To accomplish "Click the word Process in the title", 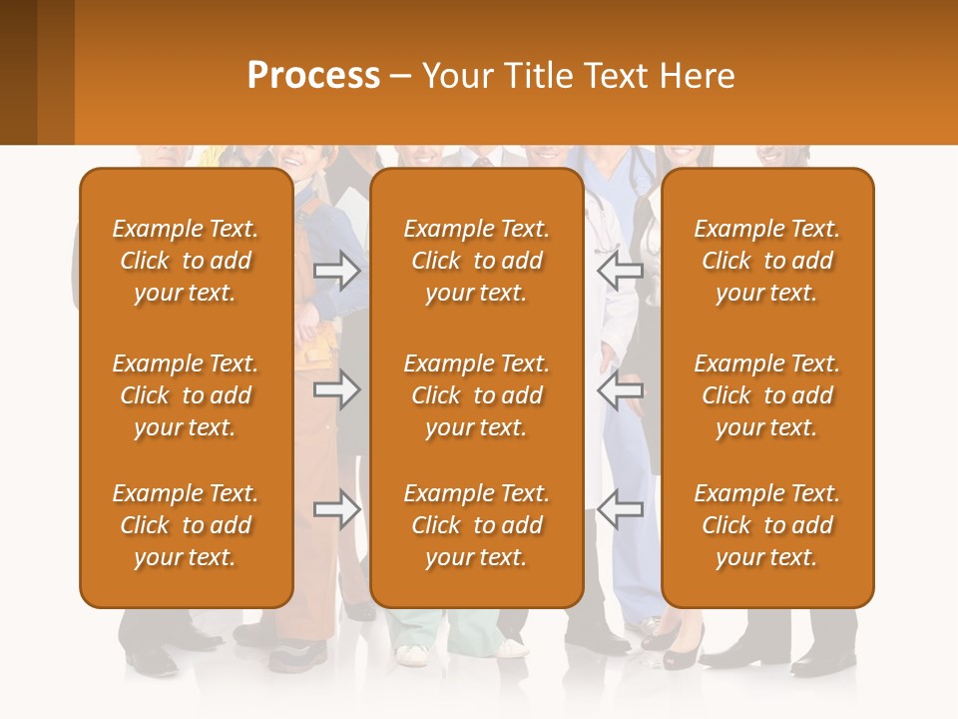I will [x=313, y=76].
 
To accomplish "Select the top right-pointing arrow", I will [x=337, y=271].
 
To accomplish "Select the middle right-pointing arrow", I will [x=337, y=389].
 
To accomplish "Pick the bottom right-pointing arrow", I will [x=337, y=509].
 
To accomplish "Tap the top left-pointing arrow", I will [x=621, y=271].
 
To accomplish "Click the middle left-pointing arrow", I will [x=621, y=389].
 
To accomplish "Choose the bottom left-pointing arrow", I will [x=621, y=509].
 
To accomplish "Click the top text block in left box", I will [x=186, y=261].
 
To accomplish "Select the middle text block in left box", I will [x=186, y=395].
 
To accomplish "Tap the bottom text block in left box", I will [x=186, y=525].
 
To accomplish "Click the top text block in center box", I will [x=476, y=261].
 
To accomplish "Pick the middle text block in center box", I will [x=476, y=395].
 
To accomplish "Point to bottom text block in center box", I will [x=476, y=525].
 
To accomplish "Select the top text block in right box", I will [x=766, y=261].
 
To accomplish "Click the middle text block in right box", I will [x=766, y=395].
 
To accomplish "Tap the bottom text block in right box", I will [x=766, y=525].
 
